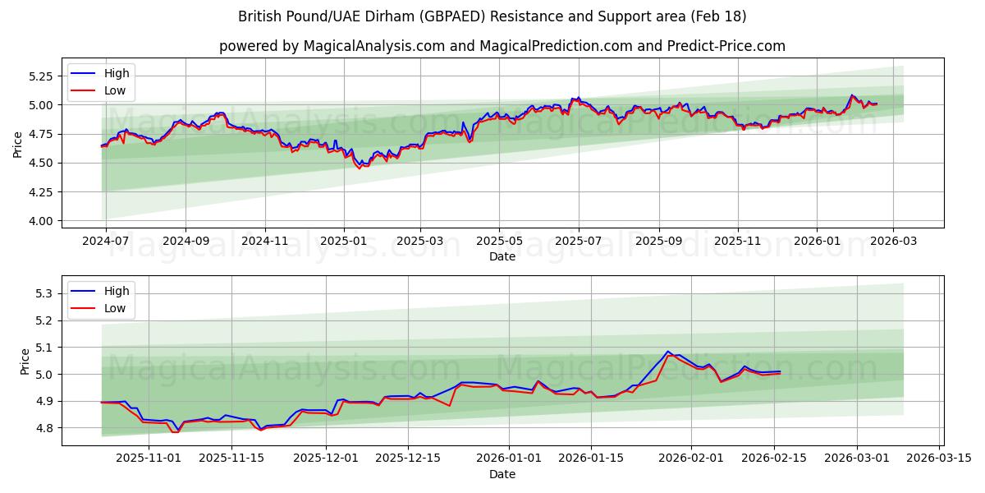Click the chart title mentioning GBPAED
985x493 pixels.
[492, 16]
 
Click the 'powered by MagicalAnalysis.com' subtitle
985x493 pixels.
[502, 46]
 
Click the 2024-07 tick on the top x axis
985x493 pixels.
[104, 241]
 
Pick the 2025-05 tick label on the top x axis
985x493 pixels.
[499, 241]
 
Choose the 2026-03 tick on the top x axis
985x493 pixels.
[892, 241]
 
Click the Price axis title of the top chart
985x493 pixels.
[18, 145]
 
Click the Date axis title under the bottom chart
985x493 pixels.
[502, 474]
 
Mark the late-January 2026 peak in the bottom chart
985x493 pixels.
[668, 352]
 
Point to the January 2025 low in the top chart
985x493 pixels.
[359, 168]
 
